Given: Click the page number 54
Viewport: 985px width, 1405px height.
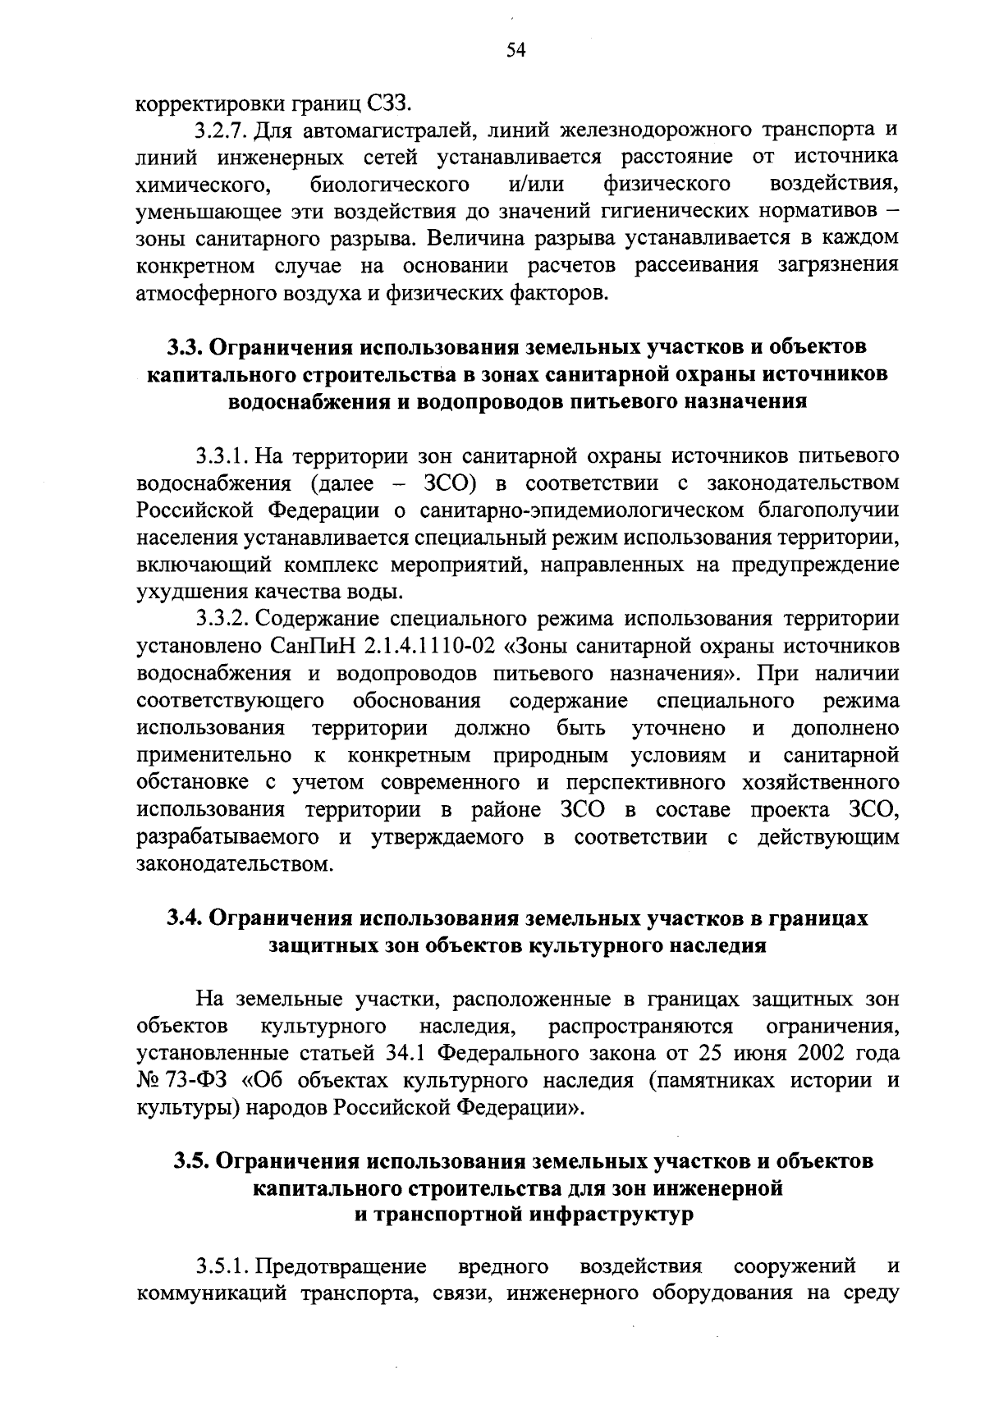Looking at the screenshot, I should pos(515,51).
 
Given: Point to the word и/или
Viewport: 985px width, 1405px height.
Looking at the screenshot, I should pos(536,184).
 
